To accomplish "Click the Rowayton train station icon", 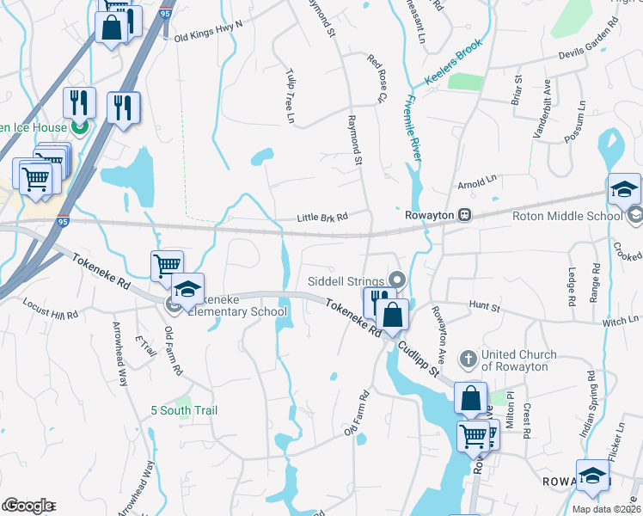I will (464, 214).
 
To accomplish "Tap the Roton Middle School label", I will (566, 216).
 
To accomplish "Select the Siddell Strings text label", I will (346, 281).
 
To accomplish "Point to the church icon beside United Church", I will (467, 356).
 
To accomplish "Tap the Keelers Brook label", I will (454, 63).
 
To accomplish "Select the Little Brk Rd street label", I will (321, 218).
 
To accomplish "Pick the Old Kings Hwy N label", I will (208, 33).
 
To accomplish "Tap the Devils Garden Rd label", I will (587, 41).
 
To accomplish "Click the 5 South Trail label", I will (183, 410).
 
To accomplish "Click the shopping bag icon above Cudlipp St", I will (393, 315).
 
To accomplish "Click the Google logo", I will (28, 505).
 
